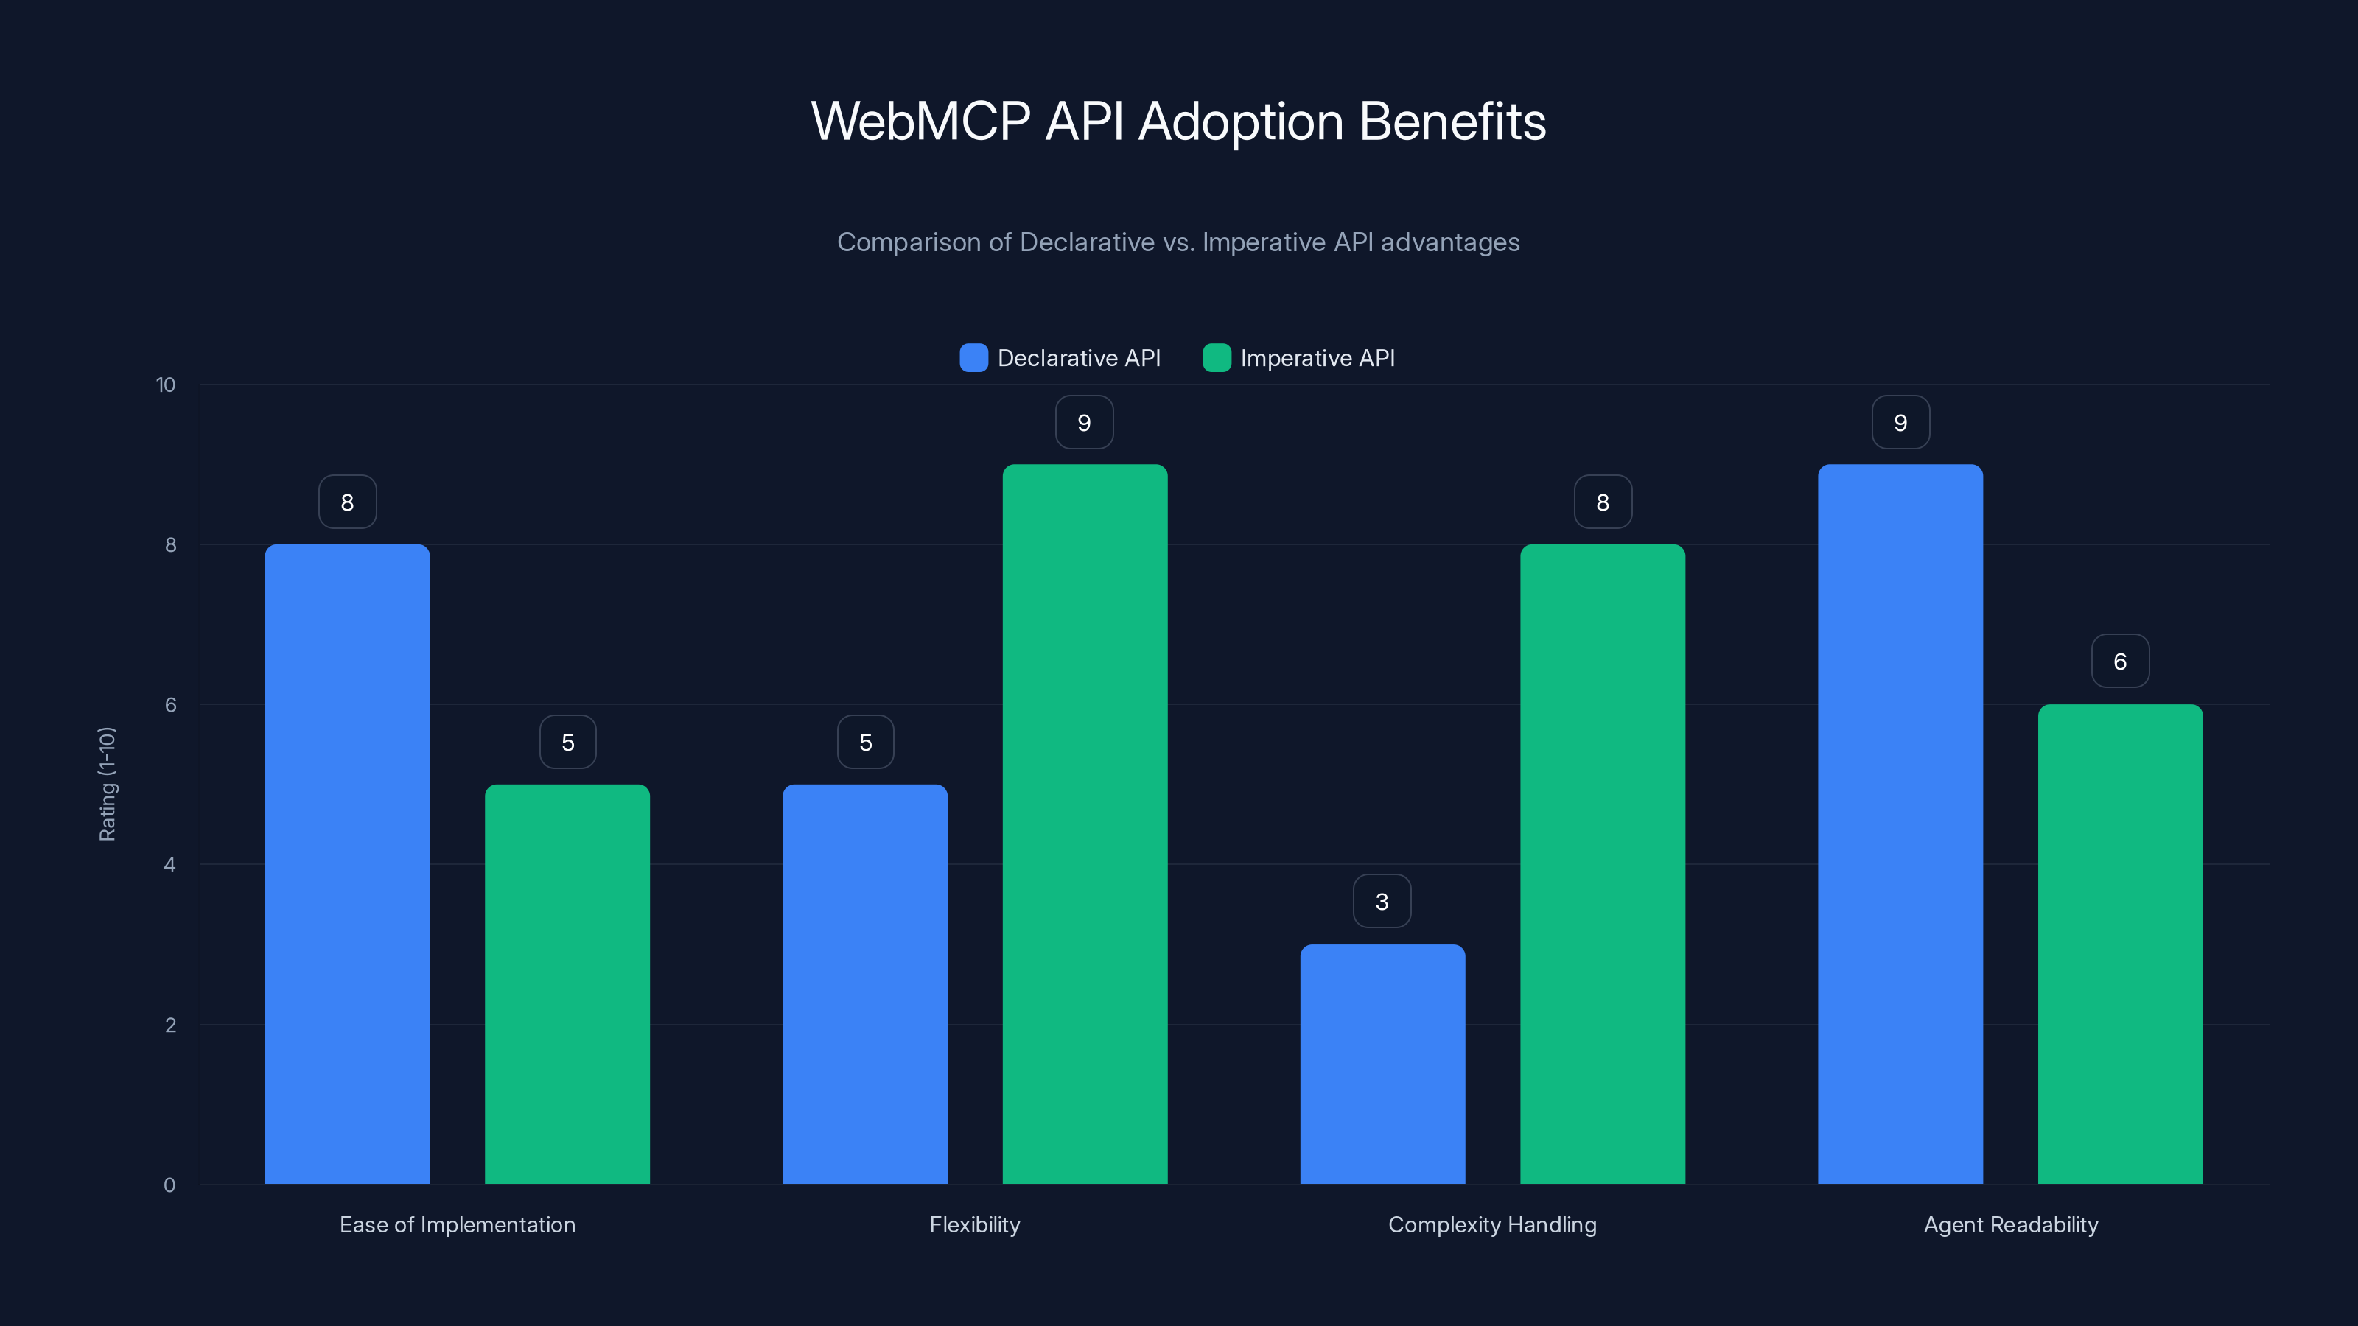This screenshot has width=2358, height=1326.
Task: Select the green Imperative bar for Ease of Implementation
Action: pos(567,983)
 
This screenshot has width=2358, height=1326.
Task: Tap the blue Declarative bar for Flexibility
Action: pos(864,983)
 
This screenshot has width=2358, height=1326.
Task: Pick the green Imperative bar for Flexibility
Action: pos(1085,824)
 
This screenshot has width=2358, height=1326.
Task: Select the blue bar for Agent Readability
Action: pos(1900,824)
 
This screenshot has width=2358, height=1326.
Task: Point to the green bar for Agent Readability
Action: pos(2120,944)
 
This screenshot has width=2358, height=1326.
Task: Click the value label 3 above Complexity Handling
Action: pos(1382,902)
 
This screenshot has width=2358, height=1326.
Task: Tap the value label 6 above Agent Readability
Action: pos(2120,661)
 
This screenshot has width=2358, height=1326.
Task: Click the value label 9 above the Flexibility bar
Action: pos(1084,422)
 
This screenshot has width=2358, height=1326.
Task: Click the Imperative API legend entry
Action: pos(1299,358)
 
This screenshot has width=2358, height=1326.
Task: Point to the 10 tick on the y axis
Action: pos(166,385)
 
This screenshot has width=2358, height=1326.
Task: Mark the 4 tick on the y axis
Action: pos(169,865)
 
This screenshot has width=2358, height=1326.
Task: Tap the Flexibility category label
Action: pos(974,1224)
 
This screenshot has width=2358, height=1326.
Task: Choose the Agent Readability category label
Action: pos(2010,1224)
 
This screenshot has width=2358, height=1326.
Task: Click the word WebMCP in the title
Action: pos(920,122)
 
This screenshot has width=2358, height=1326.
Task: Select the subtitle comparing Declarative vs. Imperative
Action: pos(1178,242)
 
